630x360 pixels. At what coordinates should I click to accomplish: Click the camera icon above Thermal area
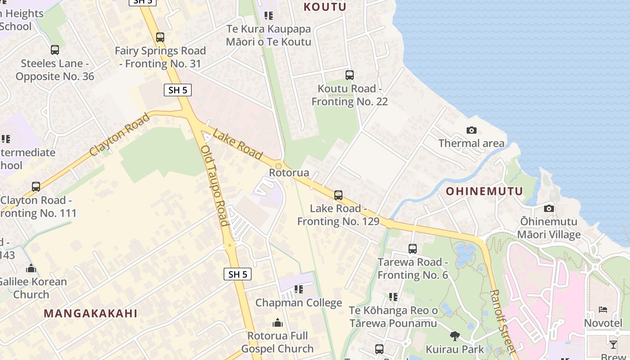(472, 130)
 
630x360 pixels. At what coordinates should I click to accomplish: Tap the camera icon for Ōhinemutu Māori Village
(549, 208)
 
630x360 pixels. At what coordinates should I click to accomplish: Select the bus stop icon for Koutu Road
(350, 75)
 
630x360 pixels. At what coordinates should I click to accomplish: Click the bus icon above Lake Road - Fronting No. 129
(338, 195)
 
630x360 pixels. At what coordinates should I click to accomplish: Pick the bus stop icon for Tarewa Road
(413, 248)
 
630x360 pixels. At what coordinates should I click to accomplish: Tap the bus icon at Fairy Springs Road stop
(160, 37)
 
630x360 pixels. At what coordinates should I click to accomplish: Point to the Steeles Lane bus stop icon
(55, 50)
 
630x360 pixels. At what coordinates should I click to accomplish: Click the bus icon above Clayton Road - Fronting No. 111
(36, 186)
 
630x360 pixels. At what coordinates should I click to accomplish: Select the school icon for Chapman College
(299, 289)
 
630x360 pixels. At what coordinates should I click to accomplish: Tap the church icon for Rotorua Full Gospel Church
(278, 323)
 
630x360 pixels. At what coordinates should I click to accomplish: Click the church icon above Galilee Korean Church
(31, 269)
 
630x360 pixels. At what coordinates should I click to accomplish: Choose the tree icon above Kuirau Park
(455, 336)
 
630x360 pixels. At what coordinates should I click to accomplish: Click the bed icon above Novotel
(603, 310)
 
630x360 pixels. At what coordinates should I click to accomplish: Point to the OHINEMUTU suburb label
(485, 191)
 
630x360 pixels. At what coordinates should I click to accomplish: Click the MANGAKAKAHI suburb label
(90, 314)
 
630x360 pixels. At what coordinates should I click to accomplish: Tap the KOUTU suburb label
(325, 7)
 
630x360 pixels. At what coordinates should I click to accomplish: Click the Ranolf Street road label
(502, 320)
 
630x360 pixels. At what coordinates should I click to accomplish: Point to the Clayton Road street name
(119, 135)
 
